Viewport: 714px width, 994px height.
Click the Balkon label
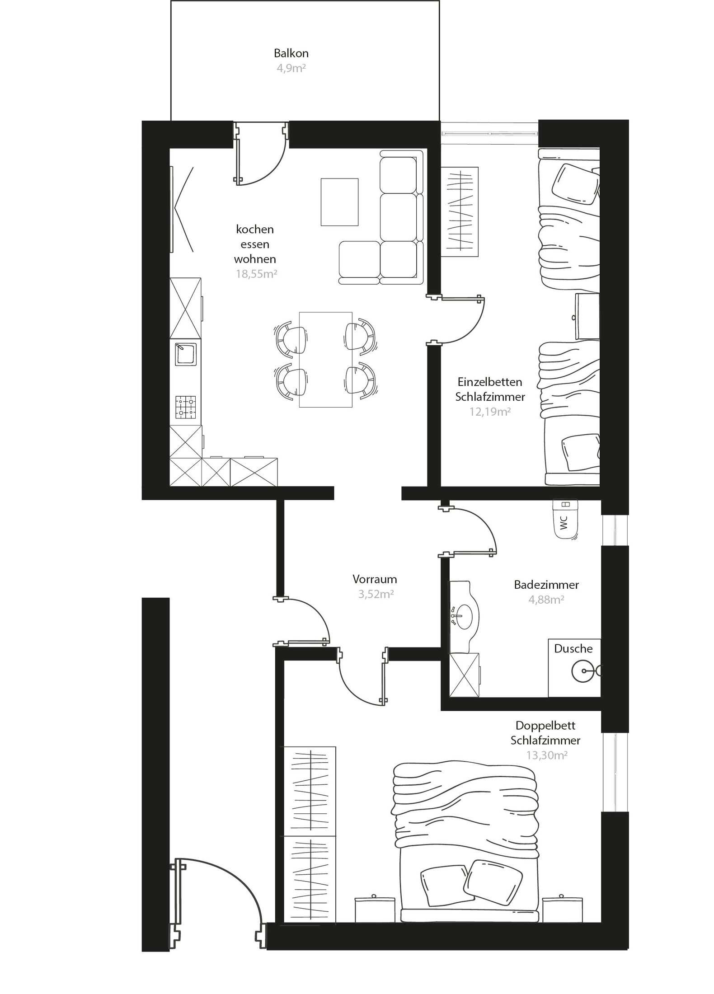click(x=291, y=53)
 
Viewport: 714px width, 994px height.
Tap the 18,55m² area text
click(x=256, y=274)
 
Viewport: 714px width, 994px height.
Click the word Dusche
click(x=573, y=648)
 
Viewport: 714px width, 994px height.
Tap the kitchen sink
click(x=185, y=353)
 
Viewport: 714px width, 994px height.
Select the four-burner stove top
click(x=186, y=407)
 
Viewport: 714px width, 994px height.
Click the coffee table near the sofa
click(x=339, y=202)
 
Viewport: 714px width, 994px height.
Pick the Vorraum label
click(x=375, y=579)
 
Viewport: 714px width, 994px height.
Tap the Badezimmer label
click(x=546, y=585)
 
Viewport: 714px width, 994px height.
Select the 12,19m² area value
click(x=490, y=412)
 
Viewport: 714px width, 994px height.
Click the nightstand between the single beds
click(x=587, y=316)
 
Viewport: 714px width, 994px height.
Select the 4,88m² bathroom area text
click(x=546, y=600)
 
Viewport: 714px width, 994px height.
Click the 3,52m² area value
click(x=376, y=594)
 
